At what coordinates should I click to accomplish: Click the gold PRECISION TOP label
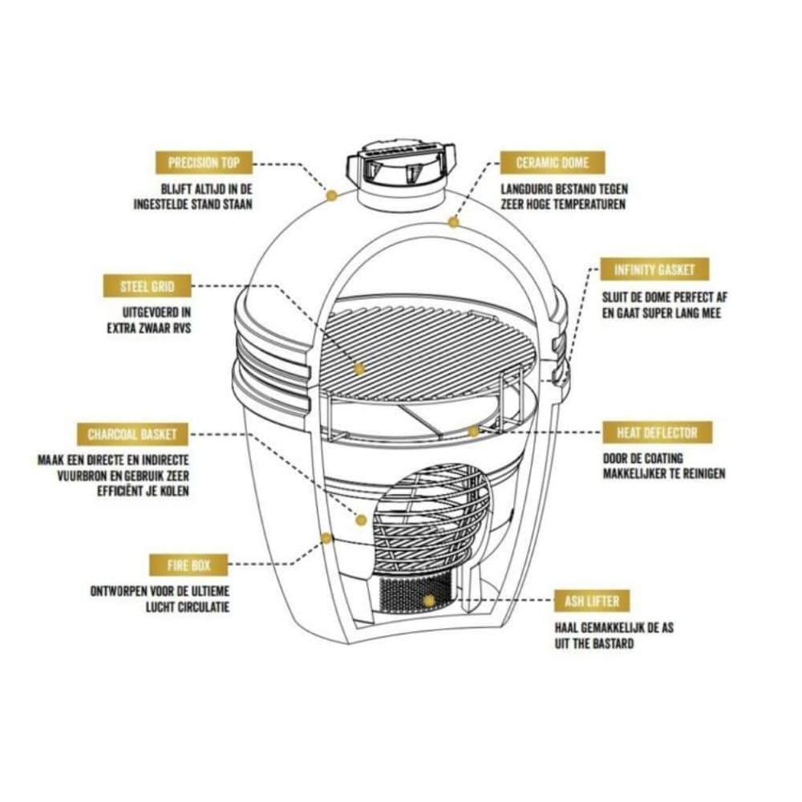coord(204,163)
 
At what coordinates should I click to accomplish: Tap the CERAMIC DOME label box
coord(553,163)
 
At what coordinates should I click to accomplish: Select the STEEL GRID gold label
coord(148,286)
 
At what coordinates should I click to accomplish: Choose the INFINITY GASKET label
coord(654,269)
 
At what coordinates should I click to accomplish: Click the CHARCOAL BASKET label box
coord(132,434)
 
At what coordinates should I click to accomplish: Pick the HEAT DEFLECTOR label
coord(657,433)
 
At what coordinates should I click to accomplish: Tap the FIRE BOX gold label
coord(188,565)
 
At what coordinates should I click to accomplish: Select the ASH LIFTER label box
coord(592,601)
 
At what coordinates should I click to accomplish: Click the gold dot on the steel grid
coord(359,368)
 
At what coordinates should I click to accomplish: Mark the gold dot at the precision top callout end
coord(331,195)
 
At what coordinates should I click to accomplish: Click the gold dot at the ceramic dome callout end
coord(453,222)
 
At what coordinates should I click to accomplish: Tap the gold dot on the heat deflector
coord(474,431)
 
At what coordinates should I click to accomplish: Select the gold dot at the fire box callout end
coord(326,537)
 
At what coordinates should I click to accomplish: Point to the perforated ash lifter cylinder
coord(415,594)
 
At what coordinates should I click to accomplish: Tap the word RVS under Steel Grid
coord(180,327)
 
